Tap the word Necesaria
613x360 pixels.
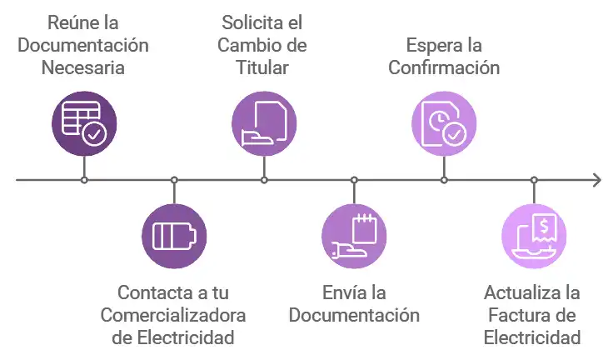84,67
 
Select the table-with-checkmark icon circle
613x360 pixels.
84,124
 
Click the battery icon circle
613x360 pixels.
174,235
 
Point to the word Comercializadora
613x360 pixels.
173,316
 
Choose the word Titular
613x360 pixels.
263,67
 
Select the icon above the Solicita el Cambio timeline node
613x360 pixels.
264,124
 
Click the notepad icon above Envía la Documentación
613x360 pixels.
354,235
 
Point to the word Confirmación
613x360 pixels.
444,67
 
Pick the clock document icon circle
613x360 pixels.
444,124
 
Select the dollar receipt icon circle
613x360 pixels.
534,235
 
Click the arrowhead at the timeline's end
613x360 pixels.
596,180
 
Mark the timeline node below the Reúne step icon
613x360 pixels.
84,180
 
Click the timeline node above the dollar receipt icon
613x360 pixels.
534,180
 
